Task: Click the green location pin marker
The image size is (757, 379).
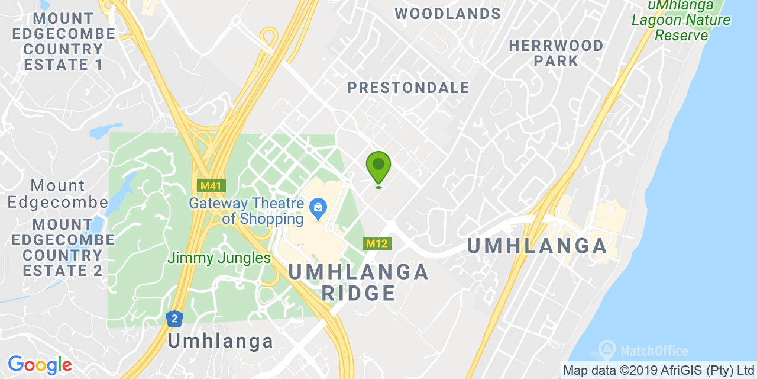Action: pos(378,166)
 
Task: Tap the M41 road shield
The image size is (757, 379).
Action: pos(211,186)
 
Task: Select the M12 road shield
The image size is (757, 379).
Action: pos(376,243)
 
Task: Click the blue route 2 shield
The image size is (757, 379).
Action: pos(174,319)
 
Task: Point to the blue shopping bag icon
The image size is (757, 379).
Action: pos(318,207)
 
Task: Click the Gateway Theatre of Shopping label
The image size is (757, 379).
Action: pos(247,211)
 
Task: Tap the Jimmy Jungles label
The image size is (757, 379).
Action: pos(219,258)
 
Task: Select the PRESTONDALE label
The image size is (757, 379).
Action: pos(408,88)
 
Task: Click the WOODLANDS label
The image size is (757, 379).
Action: pos(448,14)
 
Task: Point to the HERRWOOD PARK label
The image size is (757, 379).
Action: pos(556,53)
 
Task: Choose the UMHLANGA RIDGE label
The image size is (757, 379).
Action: pos(358,282)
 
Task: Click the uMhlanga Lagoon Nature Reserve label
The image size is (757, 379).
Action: pos(681,20)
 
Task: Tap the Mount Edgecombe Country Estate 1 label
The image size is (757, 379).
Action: pos(58,41)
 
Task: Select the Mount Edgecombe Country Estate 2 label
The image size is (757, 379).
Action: pos(63,248)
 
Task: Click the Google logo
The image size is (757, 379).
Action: pos(40,365)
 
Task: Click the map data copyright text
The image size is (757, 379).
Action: pos(658,371)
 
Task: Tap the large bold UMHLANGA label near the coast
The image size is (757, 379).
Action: pos(538,246)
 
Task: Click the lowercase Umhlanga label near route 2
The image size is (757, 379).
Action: pos(221,341)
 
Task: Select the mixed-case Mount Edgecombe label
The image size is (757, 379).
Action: pos(57,194)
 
